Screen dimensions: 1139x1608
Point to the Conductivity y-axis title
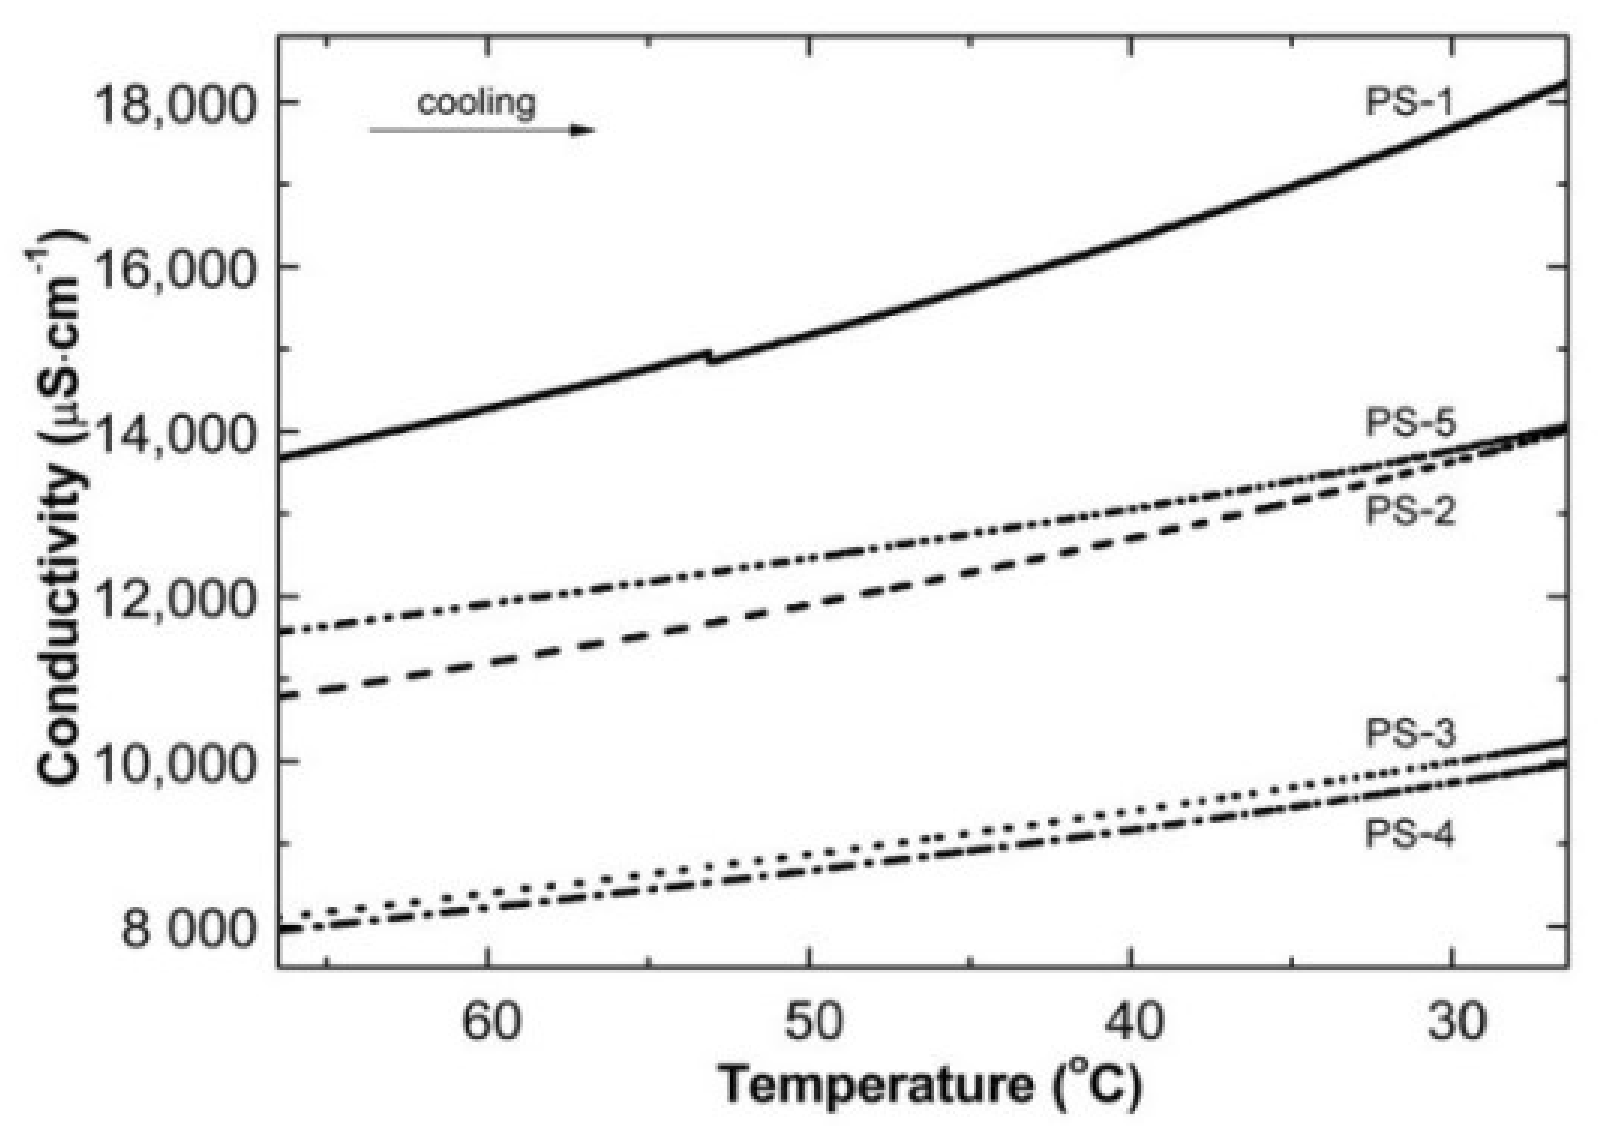click(x=62, y=512)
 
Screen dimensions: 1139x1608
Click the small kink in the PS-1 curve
click(x=712, y=356)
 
